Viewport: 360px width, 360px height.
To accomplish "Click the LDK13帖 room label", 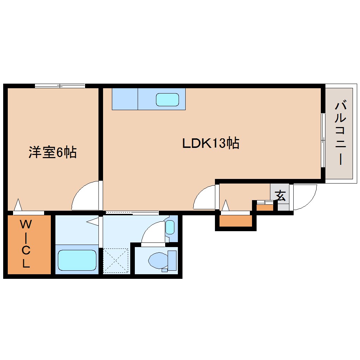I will pos(211,143).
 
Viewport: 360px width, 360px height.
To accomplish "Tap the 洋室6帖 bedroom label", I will pos(53,152).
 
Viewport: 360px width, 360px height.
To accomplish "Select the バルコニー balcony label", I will pos(340,133).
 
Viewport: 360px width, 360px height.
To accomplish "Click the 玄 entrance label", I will pos(281,196).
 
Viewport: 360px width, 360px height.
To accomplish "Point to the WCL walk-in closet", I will pos(28,244).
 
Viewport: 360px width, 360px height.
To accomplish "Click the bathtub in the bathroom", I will pos(77,260).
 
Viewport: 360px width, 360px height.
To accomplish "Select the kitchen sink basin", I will pos(168,100).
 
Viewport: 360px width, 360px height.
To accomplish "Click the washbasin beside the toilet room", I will pos(170,227).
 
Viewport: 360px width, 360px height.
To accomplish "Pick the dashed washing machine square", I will pos(116,260).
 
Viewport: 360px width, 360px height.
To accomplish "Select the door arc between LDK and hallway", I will pos(204,198).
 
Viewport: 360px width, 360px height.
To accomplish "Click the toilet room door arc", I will pos(153,232).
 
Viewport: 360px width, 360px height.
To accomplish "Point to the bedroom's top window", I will pos(60,86).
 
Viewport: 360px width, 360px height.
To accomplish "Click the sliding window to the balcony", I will pos(323,140).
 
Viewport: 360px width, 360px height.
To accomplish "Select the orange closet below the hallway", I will pos(236,221).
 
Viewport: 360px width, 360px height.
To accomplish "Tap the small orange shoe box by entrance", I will pos(265,207).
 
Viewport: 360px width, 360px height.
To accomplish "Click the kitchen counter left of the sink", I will pos(125,99).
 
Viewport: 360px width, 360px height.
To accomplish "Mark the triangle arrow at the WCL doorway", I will pos(18,205).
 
